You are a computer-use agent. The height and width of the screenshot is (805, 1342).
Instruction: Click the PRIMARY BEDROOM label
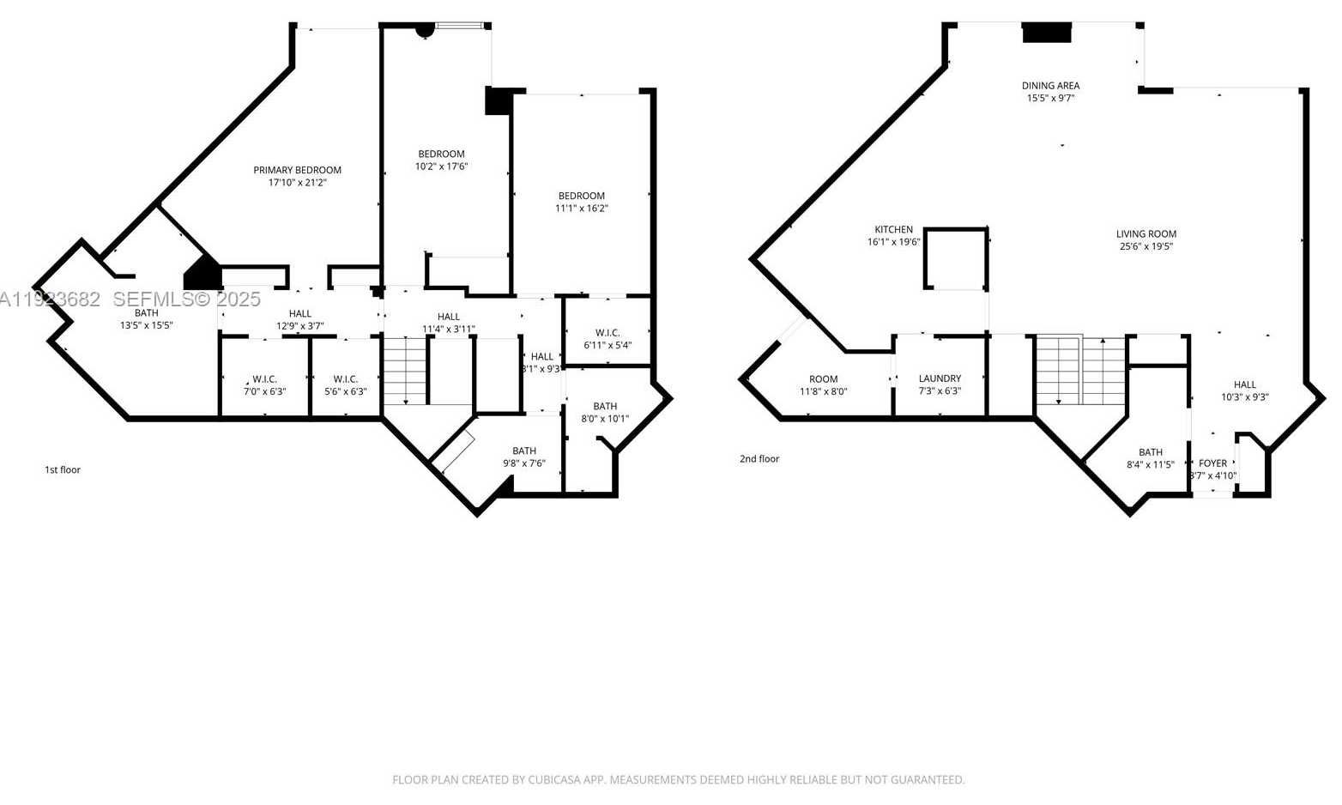(297, 170)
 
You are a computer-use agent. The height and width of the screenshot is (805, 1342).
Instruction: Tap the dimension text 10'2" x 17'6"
(441, 166)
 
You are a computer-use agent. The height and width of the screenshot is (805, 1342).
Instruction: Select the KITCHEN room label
(893, 229)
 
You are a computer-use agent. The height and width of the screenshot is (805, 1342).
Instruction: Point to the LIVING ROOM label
(1146, 233)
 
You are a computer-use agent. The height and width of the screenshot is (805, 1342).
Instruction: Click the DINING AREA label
(1050, 86)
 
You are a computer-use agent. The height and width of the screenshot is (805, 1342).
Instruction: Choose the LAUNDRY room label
(940, 378)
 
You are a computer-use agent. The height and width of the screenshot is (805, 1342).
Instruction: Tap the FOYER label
(1212, 463)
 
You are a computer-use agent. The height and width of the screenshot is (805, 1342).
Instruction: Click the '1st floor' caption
(63, 470)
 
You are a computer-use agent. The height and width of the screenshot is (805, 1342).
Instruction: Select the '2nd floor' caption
(759, 459)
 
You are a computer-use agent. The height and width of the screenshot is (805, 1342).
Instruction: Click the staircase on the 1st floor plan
(404, 371)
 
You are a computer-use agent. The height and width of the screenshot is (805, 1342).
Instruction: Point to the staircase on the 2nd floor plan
(1080, 371)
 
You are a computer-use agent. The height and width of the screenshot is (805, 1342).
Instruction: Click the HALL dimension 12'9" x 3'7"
(299, 326)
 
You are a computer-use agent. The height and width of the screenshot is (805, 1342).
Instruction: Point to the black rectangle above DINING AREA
(1047, 33)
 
